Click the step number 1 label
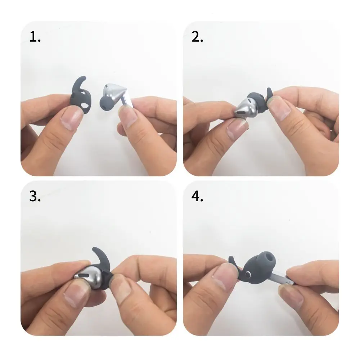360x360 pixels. [35, 37]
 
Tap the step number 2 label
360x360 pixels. [197, 37]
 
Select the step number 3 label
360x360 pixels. [35, 197]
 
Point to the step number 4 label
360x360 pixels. [198, 197]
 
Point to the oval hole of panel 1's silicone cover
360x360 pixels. [85, 107]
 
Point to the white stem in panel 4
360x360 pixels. [284, 279]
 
